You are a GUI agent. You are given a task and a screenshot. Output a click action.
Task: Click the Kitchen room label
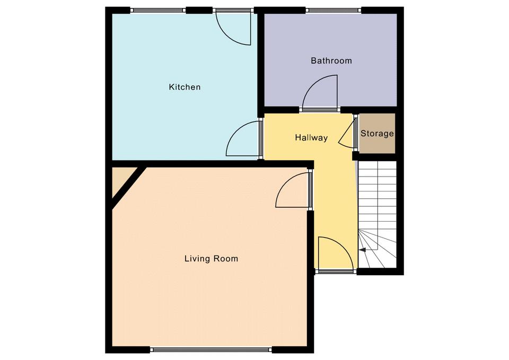point(185,87)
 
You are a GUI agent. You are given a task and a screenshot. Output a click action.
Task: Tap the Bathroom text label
point(331,60)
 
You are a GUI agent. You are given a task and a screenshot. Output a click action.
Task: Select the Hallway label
point(311,138)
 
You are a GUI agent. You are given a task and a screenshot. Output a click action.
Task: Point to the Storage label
point(377,134)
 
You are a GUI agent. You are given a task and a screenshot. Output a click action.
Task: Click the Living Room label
point(212,259)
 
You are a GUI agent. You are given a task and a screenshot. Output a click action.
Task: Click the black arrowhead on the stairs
point(362,250)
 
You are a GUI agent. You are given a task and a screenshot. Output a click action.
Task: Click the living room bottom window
point(211,349)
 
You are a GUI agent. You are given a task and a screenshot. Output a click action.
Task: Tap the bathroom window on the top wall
point(334,11)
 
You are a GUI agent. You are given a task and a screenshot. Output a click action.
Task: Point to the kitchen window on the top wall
point(159,11)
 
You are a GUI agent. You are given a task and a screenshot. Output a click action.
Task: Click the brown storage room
point(377,133)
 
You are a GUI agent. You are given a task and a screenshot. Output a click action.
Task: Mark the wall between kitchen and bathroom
point(261,63)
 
